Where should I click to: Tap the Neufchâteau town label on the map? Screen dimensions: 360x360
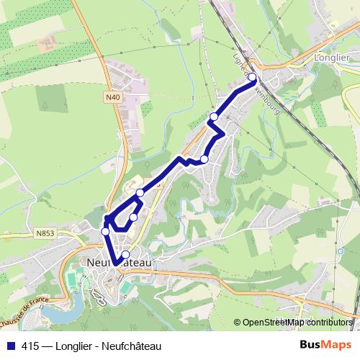[119, 264]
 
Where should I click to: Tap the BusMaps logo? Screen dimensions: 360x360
[332, 344]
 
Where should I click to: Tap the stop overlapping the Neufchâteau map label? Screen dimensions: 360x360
[126, 254]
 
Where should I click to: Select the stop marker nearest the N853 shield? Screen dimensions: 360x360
[106, 231]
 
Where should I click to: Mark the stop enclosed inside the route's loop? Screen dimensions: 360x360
[133, 217]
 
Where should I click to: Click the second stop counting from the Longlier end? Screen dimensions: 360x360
[214, 117]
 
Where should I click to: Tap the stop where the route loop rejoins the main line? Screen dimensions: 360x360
[140, 193]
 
